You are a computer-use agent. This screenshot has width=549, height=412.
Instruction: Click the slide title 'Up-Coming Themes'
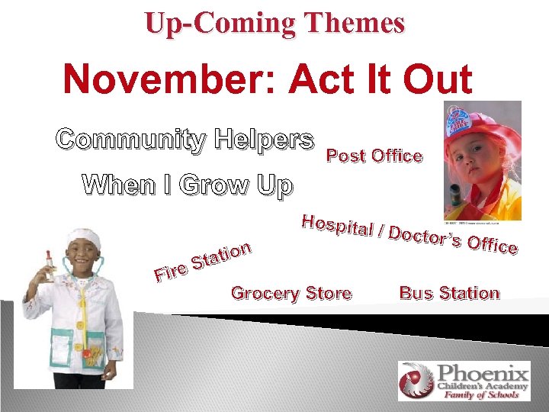click(274, 23)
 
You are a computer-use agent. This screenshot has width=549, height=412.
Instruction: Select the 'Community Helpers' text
click(185, 140)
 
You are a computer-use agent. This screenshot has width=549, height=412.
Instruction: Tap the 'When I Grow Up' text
click(187, 185)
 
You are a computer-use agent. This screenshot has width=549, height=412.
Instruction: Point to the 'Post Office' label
click(374, 156)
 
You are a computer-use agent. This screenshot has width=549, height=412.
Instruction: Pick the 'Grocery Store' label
click(291, 293)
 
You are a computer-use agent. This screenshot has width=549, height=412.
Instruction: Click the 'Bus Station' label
click(449, 293)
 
